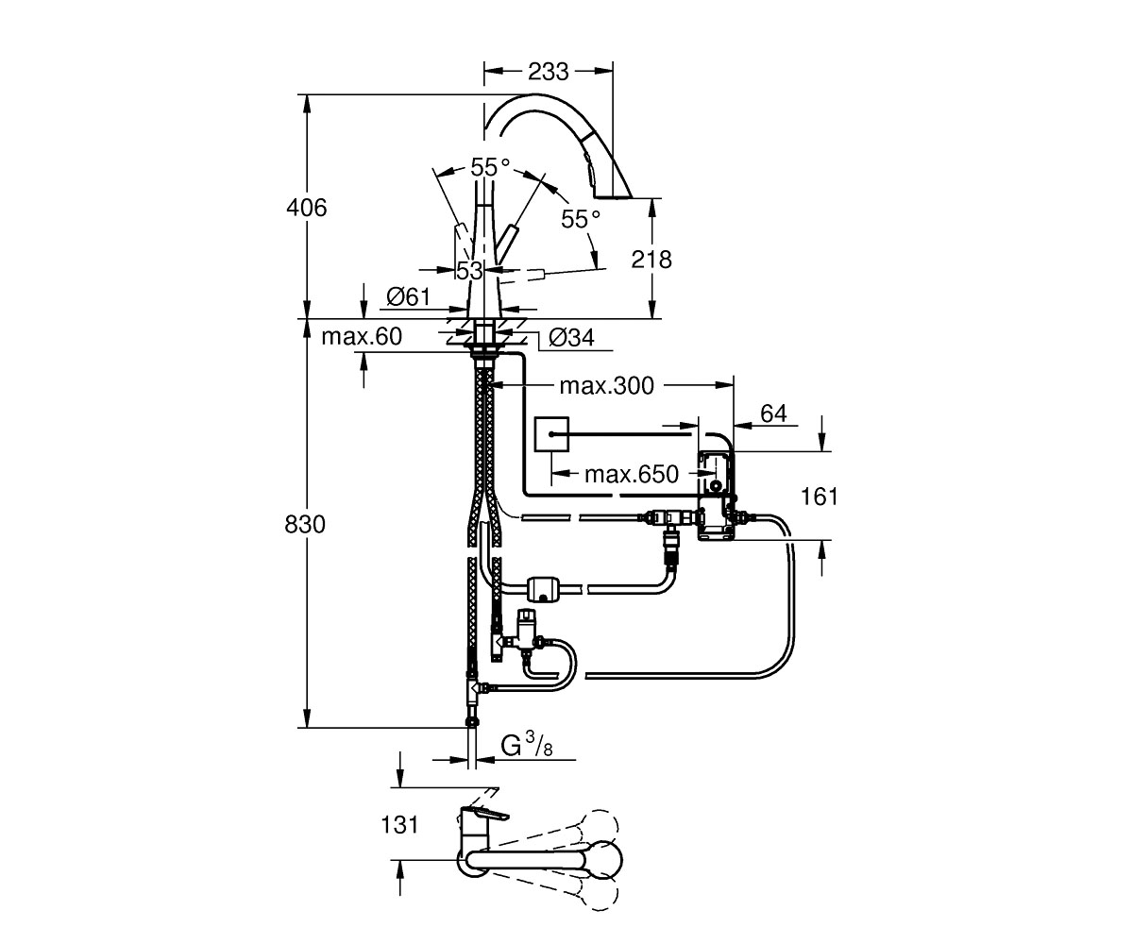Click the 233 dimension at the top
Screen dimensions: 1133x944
548,71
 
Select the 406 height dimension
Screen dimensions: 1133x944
307,208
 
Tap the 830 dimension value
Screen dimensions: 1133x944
305,524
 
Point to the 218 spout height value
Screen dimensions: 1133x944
651,260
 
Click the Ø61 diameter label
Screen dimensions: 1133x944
408,296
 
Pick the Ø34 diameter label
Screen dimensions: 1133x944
571,337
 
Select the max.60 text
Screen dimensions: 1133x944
362,336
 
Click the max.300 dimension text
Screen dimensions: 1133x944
607,386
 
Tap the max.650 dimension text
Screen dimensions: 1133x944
632,474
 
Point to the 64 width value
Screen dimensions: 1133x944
773,413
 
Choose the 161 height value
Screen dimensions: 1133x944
820,497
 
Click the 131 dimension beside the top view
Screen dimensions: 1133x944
399,825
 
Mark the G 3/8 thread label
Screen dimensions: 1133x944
526,745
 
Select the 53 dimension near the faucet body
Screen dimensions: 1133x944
469,270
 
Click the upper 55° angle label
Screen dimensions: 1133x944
490,167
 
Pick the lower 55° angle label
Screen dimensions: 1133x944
581,219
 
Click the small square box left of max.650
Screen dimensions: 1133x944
551,434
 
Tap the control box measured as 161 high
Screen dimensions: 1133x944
716,495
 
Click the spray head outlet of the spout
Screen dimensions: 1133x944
614,194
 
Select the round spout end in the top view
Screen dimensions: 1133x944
607,860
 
